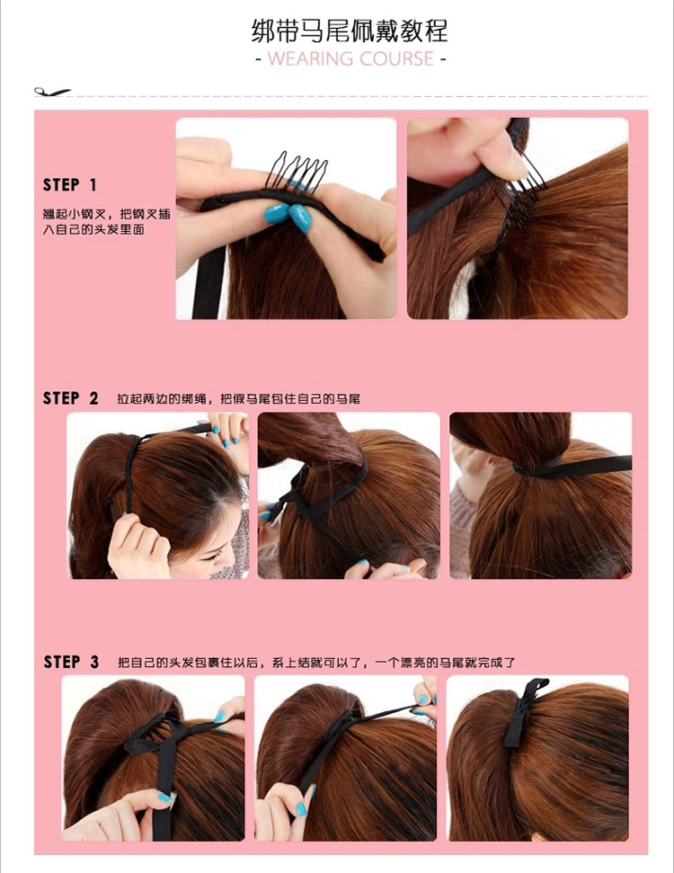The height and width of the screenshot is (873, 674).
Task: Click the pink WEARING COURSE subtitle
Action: [x=350, y=59]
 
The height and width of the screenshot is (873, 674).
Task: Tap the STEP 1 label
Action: [x=69, y=185]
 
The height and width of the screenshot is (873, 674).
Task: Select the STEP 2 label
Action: [x=70, y=398]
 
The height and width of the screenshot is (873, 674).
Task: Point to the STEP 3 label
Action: [x=71, y=662]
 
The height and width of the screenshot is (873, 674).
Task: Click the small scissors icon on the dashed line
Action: [x=52, y=92]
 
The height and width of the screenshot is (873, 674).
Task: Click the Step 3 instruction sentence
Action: [x=316, y=663]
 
